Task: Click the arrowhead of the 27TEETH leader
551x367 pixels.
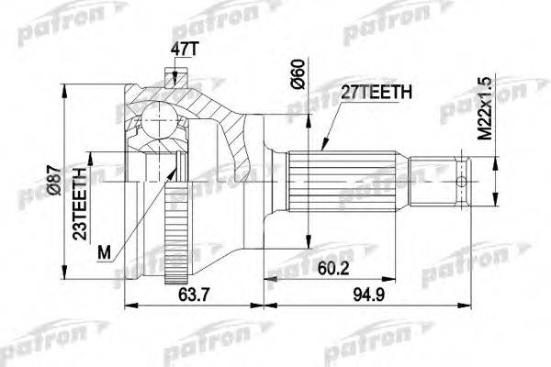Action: coord(325,147)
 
